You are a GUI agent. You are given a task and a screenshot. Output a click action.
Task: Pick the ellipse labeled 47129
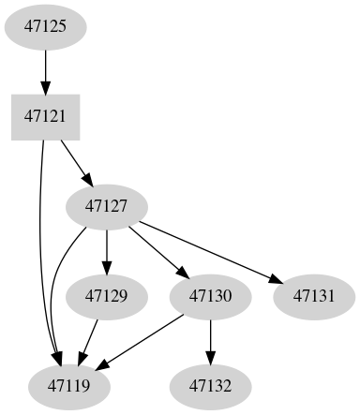coord(106,296)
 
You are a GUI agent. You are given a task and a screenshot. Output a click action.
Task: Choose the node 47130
coord(210,296)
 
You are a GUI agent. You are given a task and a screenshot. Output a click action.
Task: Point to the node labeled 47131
coord(314,296)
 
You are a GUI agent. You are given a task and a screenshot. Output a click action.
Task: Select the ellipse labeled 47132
coord(210,385)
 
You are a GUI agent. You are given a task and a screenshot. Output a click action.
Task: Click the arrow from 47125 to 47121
coord(44,71)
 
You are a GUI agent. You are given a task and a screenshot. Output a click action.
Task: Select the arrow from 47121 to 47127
coord(75,161)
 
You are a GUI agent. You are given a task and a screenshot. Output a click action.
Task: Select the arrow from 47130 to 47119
coord(141,341)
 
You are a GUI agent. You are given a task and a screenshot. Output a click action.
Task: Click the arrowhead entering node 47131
coord(274,281)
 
